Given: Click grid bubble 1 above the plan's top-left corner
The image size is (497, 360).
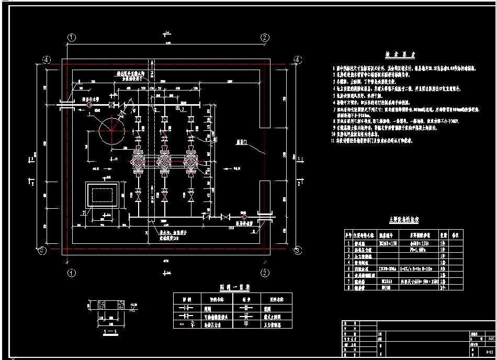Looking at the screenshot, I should (72, 37).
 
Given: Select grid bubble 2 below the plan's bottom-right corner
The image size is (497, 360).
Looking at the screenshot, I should (265, 273).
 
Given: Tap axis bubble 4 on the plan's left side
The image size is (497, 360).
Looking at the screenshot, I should (47, 60).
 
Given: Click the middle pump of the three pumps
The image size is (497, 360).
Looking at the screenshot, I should (165, 163).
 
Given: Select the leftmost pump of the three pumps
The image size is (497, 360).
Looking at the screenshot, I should (139, 163).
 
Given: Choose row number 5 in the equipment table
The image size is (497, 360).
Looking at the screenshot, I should (348, 268).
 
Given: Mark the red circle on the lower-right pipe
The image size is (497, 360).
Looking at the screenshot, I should (243, 216).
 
